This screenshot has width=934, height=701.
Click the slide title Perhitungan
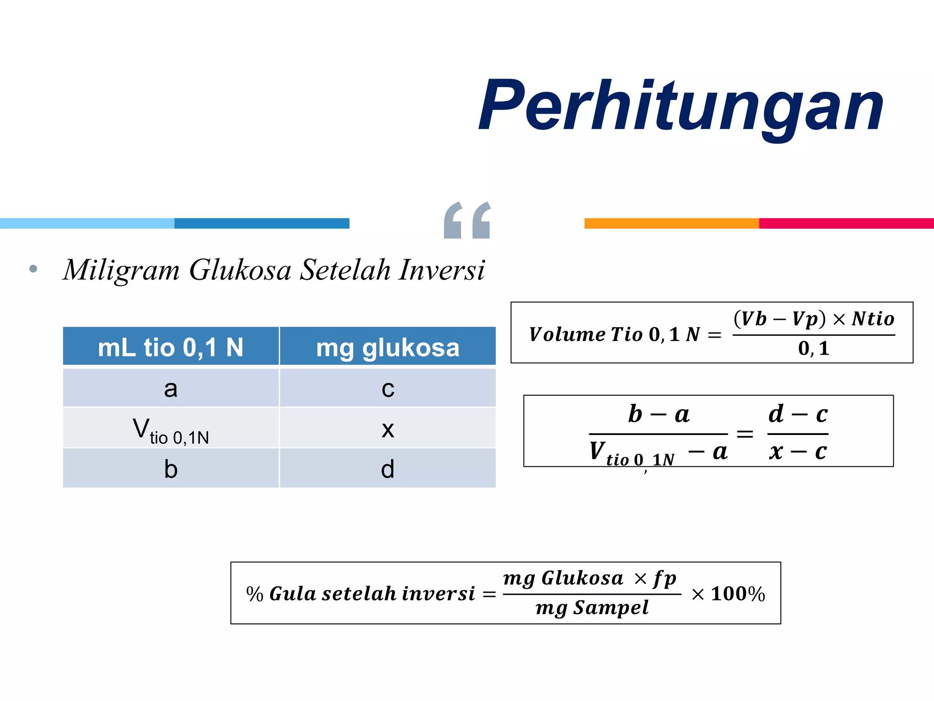[680, 106]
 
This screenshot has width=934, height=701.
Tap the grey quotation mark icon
[467, 220]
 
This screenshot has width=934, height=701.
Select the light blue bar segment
[87, 223]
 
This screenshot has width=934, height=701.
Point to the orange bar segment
[671, 223]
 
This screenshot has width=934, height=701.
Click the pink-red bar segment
[846, 223]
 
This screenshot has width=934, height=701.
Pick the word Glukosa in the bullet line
[240, 270]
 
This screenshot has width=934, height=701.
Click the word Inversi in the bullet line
[441, 270]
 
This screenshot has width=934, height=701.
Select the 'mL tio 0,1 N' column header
[171, 347]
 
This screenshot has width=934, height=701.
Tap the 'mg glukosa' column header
[388, 347]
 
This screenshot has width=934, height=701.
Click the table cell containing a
[171, 388]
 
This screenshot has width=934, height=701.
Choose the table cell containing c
[388, 388]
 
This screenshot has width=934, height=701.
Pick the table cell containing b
[171, 469]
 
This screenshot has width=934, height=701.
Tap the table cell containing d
[388, 469]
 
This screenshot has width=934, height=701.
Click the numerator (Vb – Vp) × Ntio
[814, 319]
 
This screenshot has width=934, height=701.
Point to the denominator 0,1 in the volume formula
[814, 349]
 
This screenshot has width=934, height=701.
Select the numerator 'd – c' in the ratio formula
[798, 414]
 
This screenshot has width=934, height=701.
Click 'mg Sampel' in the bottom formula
[592, 608]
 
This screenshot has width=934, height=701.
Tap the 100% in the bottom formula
[737, 594]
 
